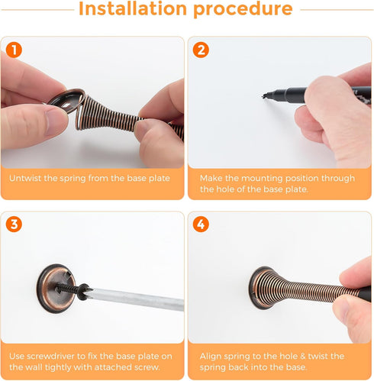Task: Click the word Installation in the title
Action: pyautogui.click(x=133, y=8)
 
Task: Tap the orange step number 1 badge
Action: pyautogui.click(x=14, y=50)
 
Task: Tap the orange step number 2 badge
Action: pyautogui.click(x=201, y=50)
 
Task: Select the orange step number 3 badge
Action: pyautogui.click(x=14, y=224)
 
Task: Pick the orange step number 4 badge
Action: pyautogui.click(x=201, y=224)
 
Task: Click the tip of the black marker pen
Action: pyautogui.click(x=263, y=96)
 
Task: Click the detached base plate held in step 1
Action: pyautogui.click(x=66, y=100)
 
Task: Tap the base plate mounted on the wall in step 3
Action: pyautogui.click(x=56, y=288)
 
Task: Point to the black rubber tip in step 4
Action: pyautogui.click(x=366, y=293)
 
